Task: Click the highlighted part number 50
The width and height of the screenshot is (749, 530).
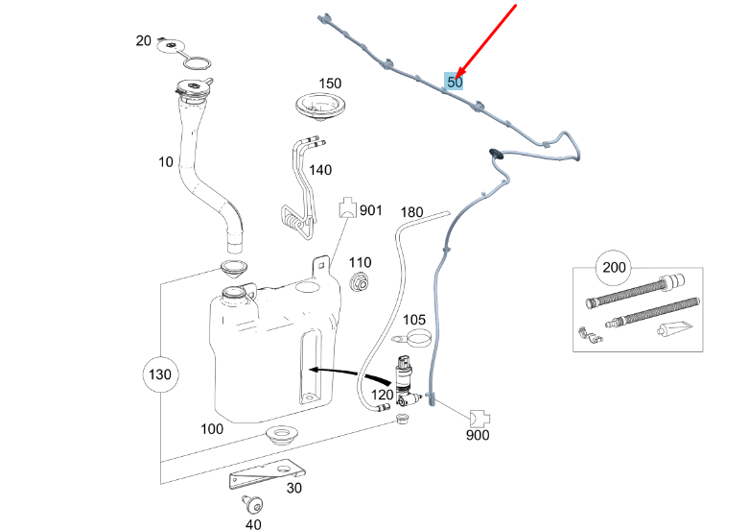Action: coord(455,83)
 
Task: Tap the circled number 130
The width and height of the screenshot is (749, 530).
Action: coord(160,373)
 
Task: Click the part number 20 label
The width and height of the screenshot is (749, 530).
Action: coord(144,40)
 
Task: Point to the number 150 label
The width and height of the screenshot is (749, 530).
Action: coord(330,84)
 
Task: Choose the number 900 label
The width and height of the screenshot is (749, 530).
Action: coord(478,436)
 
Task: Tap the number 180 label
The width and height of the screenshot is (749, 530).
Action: coord(411,211)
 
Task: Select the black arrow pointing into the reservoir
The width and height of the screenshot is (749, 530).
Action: coord(336,369)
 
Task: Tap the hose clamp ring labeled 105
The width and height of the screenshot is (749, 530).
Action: coord(418,338)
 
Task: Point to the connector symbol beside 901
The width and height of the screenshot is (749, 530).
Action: coord(347,209)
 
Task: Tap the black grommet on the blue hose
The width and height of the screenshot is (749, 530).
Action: coord(497,153)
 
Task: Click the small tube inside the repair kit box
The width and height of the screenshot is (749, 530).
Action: coord(668,330)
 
